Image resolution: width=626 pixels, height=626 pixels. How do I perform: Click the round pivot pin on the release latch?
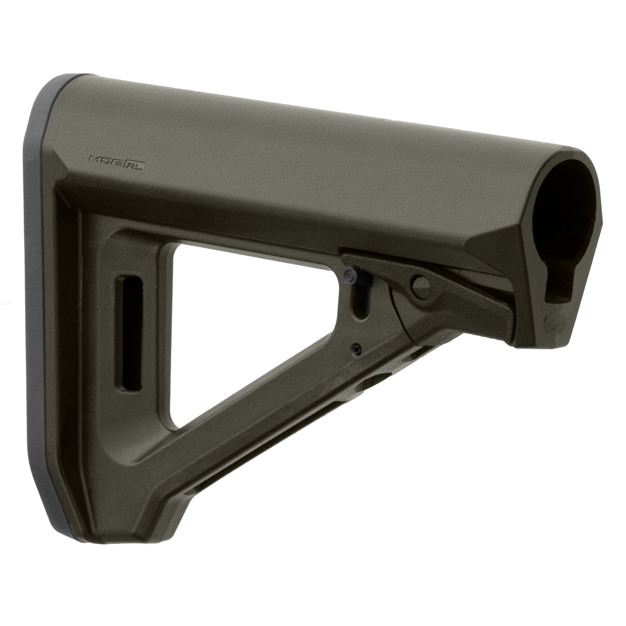coord(421,284)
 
